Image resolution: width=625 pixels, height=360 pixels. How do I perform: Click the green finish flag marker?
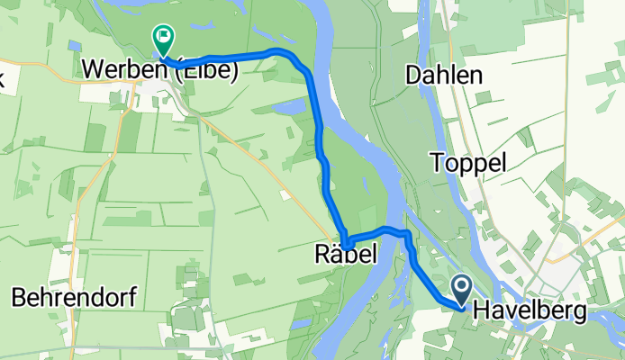click(164, 39)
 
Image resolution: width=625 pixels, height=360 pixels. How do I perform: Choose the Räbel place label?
click(344, 255)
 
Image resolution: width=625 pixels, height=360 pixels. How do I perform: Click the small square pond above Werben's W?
click(73, 43)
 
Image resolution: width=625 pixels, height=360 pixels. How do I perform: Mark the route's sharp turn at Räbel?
click(345, 241)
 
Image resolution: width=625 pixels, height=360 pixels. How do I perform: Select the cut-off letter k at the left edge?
click(3, 77)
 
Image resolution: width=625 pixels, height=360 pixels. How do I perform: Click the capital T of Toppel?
click(437, 163)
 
